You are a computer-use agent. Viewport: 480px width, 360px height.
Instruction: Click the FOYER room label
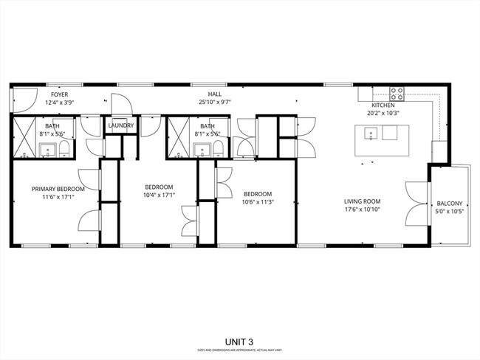pos(59,95)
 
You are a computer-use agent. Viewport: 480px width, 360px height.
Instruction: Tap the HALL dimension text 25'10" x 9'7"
pos(214,103)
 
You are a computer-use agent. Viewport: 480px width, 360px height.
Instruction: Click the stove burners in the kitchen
pos(397,94)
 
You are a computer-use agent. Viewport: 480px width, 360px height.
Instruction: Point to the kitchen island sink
pos(371,134)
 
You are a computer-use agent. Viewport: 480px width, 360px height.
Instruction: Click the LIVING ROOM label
pos(362,201)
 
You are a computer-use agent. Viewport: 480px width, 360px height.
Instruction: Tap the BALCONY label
pos(450,204)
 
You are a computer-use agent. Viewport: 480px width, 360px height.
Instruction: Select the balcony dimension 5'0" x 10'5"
pos(450,212)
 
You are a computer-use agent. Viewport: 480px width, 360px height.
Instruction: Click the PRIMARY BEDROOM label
pos(58,189)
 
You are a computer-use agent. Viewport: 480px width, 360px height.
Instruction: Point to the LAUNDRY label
pos(120,126)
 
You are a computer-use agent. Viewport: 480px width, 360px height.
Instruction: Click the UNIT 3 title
pos(240,342)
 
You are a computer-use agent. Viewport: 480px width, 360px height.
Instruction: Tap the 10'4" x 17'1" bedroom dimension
pos(159,195)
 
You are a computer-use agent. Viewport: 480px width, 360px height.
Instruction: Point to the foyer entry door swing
pos(24,98)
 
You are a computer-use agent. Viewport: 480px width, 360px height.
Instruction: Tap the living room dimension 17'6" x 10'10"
pos(362,210)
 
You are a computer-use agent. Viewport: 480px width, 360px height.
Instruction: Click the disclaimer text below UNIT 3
pos(240,350)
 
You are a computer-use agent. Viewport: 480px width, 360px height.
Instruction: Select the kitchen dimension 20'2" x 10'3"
pos(383,114)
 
